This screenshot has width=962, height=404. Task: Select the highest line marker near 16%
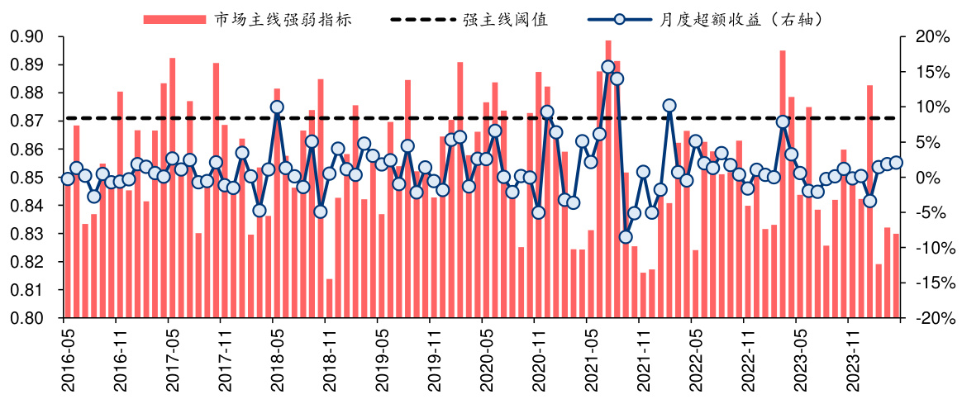(608, 67)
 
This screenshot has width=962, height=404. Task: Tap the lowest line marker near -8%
(626, 237)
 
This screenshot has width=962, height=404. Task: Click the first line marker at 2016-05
(68, 178)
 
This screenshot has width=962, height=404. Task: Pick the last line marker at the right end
(896, 163)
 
